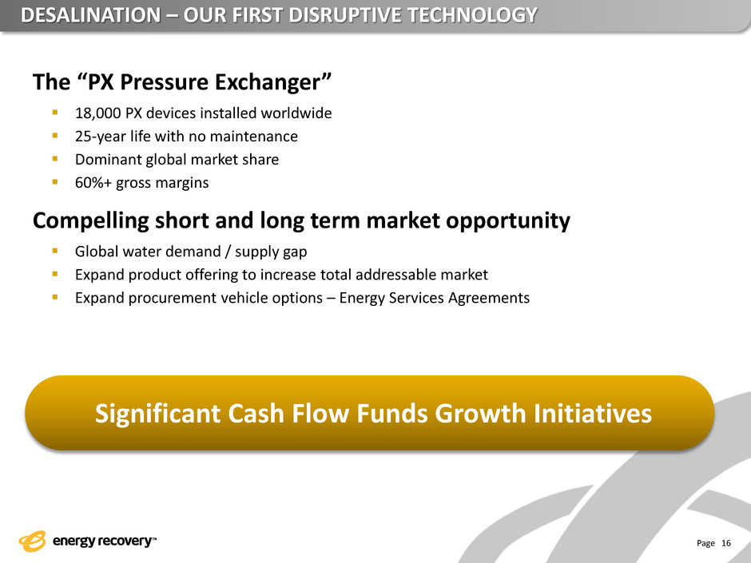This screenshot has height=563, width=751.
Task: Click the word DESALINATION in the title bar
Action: pos(91,15)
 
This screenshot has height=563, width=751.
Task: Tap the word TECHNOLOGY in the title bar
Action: pos(472,15)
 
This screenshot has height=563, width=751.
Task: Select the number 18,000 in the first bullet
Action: pos(97,113)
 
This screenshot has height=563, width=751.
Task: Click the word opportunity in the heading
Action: pos(507,220)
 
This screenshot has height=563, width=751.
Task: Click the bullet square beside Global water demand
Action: pos(55,251)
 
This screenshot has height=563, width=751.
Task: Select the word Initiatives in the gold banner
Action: pos(593,413)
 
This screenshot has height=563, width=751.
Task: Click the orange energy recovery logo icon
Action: pos(33,541)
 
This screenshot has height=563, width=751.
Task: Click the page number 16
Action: pos(726,543)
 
